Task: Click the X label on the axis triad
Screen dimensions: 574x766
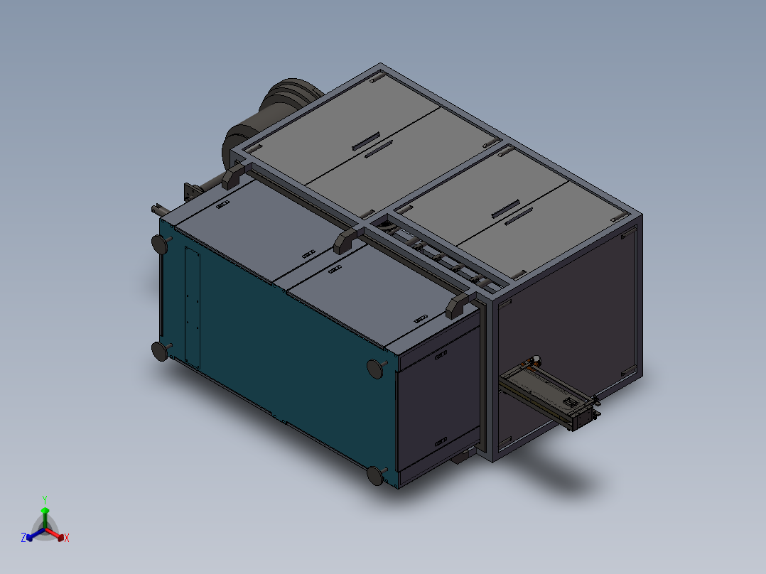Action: tap(67, 538)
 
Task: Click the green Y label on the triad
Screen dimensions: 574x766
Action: tap(44, 499)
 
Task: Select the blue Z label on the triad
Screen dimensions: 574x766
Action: tap(23, 538)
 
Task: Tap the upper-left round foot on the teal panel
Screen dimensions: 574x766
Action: tap(161, 244)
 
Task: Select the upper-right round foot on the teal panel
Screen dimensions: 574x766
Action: tap(374, 367)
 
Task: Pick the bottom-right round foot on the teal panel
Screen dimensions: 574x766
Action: tap(376, 475)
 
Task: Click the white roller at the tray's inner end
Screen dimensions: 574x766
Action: tap(534, 360)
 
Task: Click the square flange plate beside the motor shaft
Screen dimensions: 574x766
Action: tap(190, 192)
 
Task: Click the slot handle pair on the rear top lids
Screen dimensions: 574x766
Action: tap(372, 145)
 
